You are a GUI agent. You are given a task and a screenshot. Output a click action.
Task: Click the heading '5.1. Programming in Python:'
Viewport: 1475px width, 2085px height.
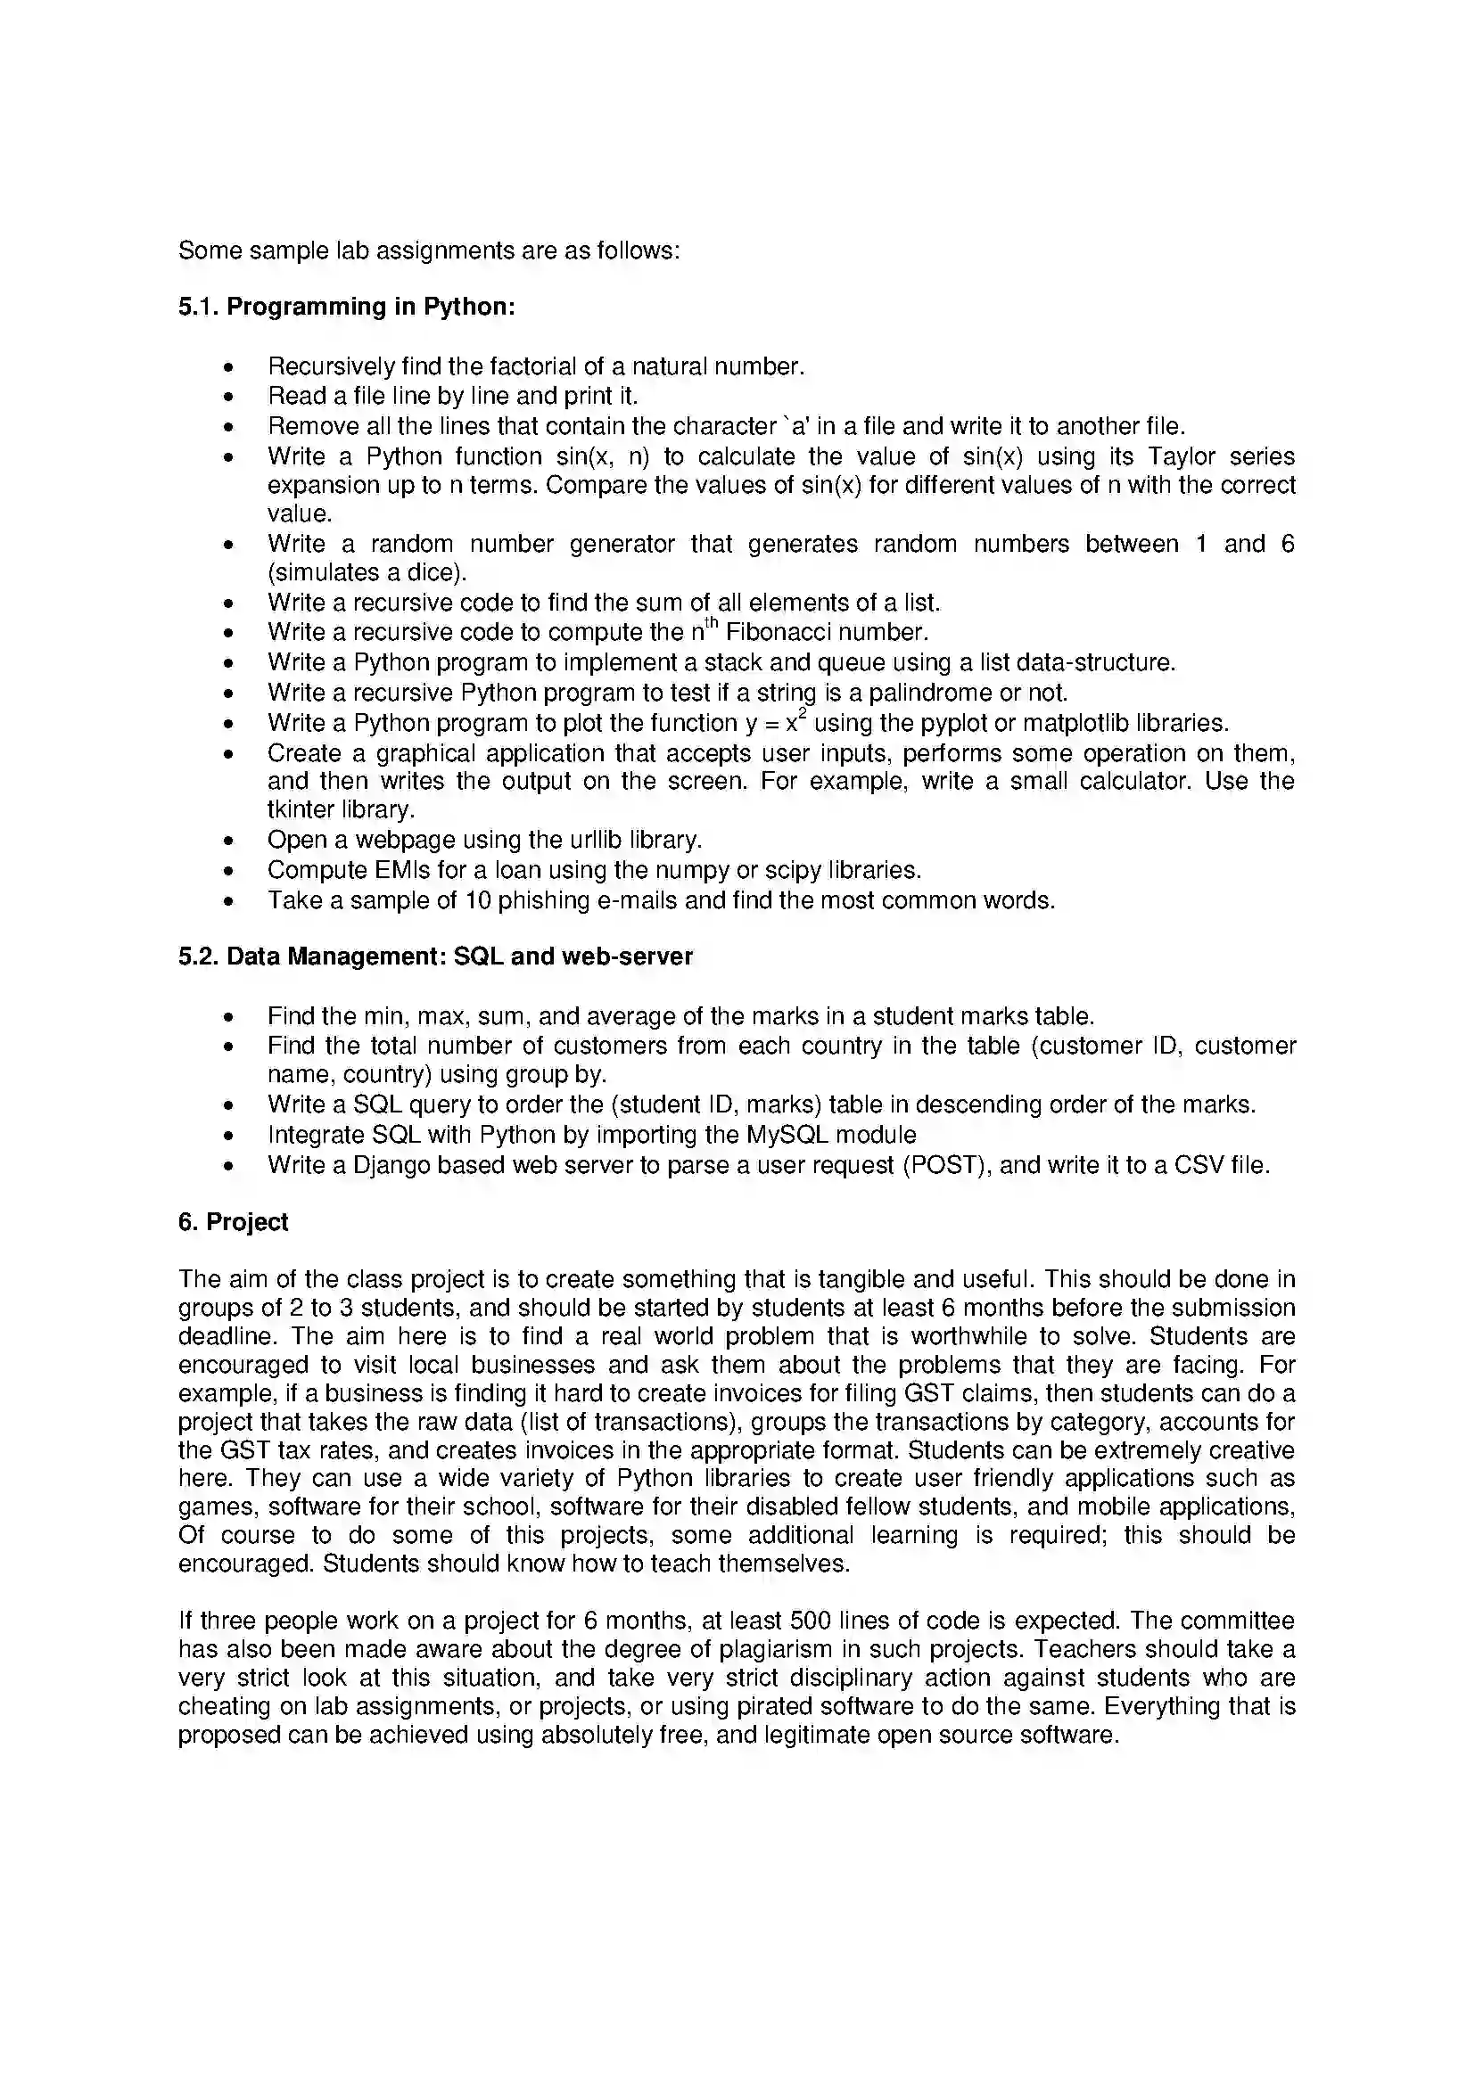pos(346,307)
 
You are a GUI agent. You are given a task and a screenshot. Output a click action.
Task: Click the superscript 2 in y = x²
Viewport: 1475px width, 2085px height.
pos(803,714)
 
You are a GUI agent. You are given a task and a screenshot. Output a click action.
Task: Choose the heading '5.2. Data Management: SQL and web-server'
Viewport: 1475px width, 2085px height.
pos(435,956)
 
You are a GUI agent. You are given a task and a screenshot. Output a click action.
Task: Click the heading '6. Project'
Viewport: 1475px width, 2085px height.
pos(233,1222)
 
